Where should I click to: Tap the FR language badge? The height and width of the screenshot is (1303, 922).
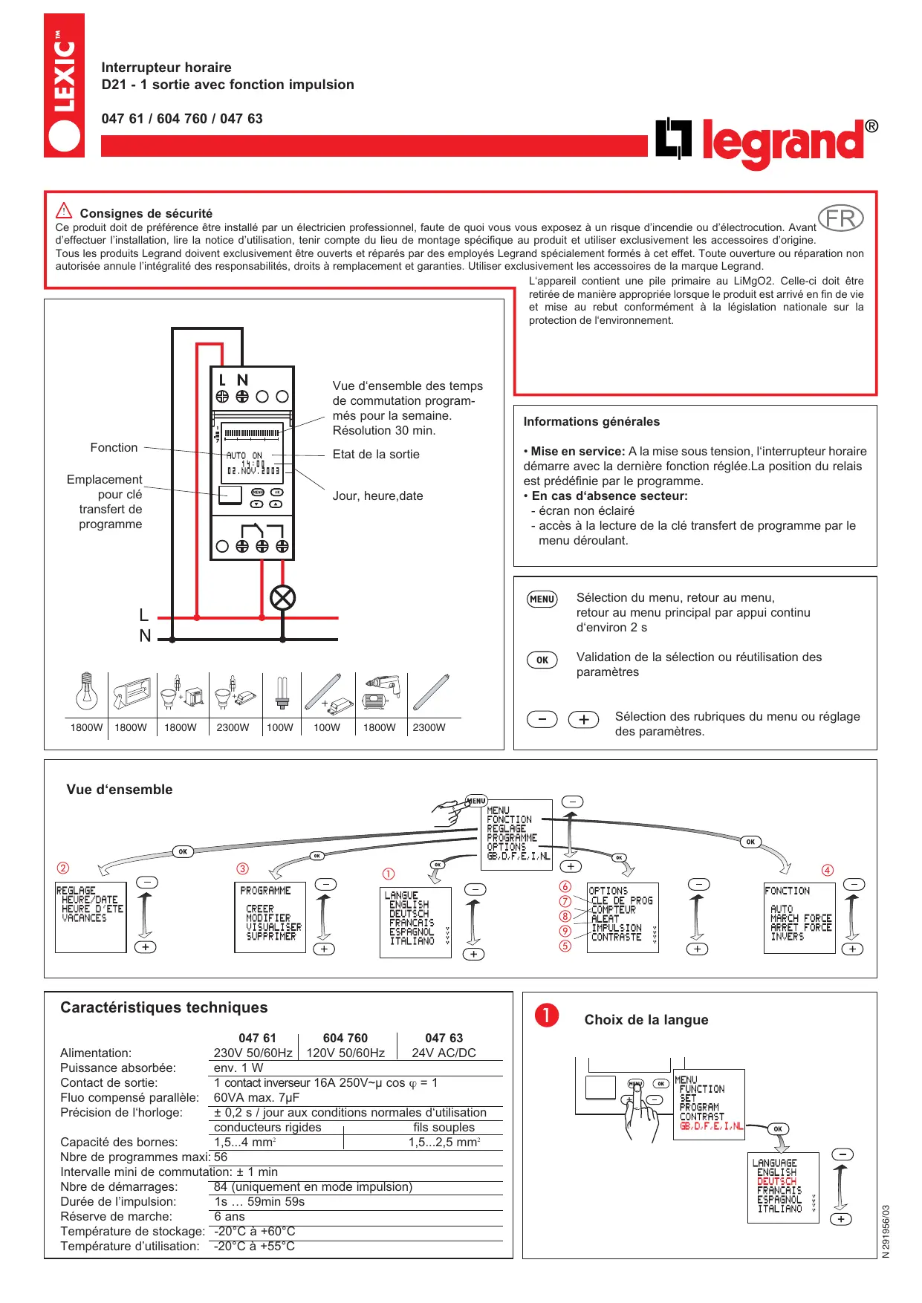(x=840, y=218)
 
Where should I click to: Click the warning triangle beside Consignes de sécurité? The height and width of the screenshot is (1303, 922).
(x=65, y=211)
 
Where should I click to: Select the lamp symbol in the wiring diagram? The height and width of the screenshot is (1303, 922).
(x=282, y=597)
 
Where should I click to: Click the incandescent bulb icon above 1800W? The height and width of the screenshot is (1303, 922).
(x=87, y=692)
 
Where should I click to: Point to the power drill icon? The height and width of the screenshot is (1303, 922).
(x=379, y=692)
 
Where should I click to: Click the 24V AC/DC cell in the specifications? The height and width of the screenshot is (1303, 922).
(x=444, y=1053)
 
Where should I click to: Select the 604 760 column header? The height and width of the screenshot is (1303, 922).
(x=345, y=1038)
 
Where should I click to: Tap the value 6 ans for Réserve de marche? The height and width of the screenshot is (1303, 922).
(x=230, y=1216)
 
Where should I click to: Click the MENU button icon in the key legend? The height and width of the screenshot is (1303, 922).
(x=542, y=599)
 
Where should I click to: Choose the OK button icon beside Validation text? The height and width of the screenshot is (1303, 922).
(x=542, y=660)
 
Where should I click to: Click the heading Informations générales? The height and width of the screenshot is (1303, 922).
(x=591, y=421)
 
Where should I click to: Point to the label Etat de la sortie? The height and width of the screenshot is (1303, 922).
(x=376, y=454)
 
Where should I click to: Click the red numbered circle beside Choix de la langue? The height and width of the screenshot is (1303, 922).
(x=547, y=1016)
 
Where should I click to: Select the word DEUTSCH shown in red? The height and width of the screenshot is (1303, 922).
(x=776, y=1181)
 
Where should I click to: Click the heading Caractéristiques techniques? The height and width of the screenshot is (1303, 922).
(x=164, y=1007)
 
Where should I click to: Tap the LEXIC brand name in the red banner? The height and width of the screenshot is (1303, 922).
(x=64, y=74)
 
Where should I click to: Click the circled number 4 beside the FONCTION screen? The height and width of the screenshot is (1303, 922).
(x=828, y=870)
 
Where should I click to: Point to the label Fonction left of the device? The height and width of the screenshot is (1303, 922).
(x=114, y=447)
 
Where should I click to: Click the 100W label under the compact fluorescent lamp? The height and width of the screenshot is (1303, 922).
(x=280, y=727)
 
